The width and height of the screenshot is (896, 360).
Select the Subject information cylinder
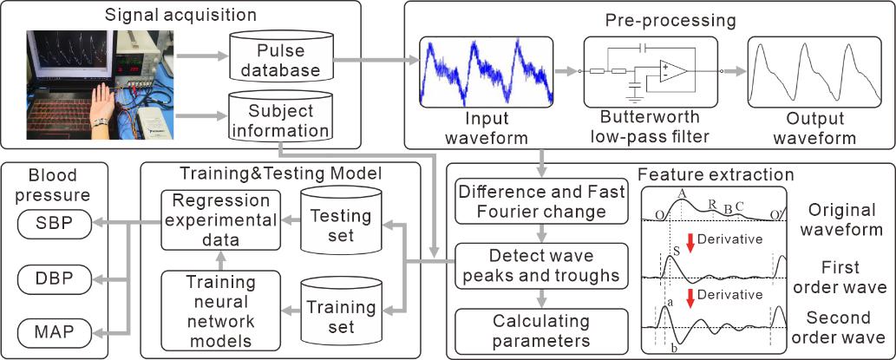280,121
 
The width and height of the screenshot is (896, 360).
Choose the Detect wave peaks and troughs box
541,266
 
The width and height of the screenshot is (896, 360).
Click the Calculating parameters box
541,330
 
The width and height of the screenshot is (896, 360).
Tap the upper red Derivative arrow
691,244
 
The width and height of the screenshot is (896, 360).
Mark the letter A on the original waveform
683,193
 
